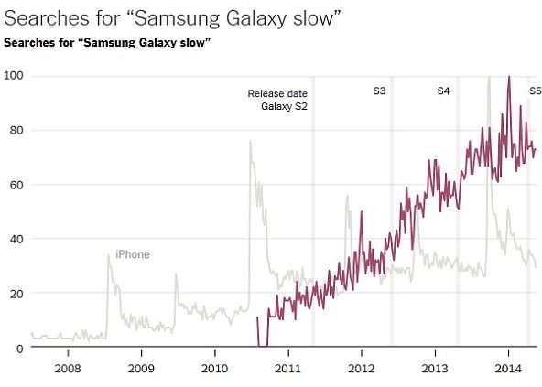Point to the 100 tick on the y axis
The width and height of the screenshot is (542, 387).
(13, 74)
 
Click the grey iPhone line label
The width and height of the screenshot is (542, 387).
(132, 254)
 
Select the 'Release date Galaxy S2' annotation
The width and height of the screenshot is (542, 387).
(277, 101)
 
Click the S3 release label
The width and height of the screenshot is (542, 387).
(379, 91)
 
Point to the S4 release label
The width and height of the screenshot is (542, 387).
(443, 91)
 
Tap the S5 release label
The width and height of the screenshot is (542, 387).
(536, 91)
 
